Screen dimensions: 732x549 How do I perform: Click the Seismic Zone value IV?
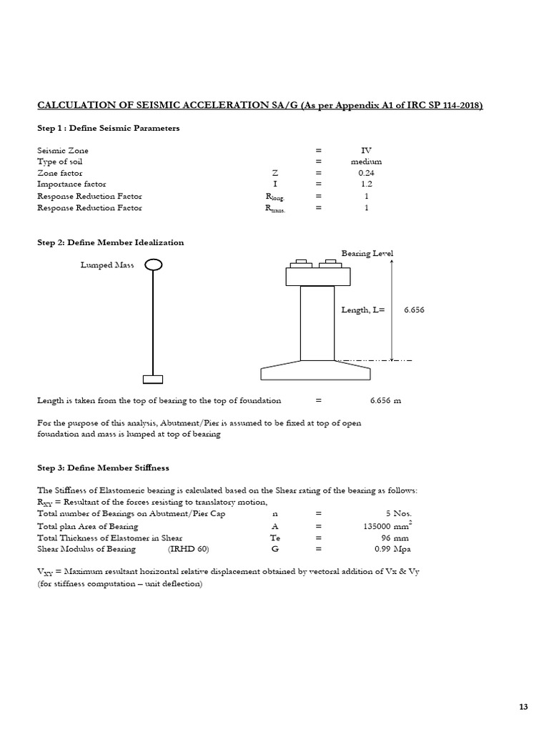(366, 151)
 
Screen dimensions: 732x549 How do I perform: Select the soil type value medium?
(366, 162)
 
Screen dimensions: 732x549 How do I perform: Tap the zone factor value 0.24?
(366, 173)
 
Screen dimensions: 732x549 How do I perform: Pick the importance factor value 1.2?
(366, 184)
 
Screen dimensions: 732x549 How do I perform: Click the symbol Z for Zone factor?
(274, 173)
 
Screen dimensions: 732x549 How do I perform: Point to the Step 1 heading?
(109, 128)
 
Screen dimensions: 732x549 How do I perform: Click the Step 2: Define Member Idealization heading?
(111, 242)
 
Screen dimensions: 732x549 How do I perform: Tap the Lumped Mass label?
(107, 265)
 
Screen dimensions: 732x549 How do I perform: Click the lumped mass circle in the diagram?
(153, 265)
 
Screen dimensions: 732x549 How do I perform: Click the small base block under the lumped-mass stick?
(153, 379)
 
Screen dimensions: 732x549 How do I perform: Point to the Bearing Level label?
(367, 254)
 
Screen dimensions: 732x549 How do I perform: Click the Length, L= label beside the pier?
(364, 310)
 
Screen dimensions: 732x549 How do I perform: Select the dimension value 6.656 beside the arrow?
(415, 310)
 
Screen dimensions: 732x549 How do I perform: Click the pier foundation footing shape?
(315, 371)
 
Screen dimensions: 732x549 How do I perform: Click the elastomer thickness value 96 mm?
(397, 538)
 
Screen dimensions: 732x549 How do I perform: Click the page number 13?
(523, 707)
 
